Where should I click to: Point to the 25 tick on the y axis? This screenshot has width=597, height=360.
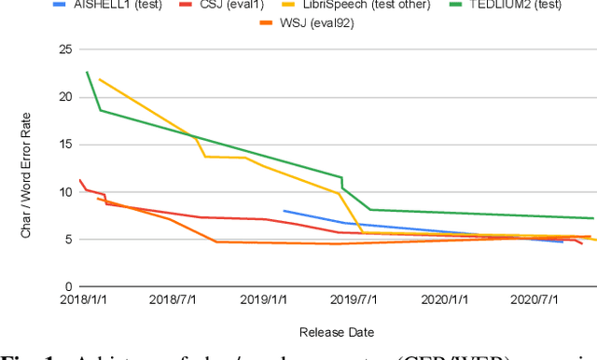[64, 48]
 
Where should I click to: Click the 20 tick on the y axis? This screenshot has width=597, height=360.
[64, 96]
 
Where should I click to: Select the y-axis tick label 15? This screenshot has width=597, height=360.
[64, 144]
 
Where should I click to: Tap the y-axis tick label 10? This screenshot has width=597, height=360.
[64, 191]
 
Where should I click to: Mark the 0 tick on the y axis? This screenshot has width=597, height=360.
[68, 286]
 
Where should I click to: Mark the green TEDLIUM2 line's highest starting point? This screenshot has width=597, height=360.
[87, 72]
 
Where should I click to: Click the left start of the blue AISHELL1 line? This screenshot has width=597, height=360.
[284, 211]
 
